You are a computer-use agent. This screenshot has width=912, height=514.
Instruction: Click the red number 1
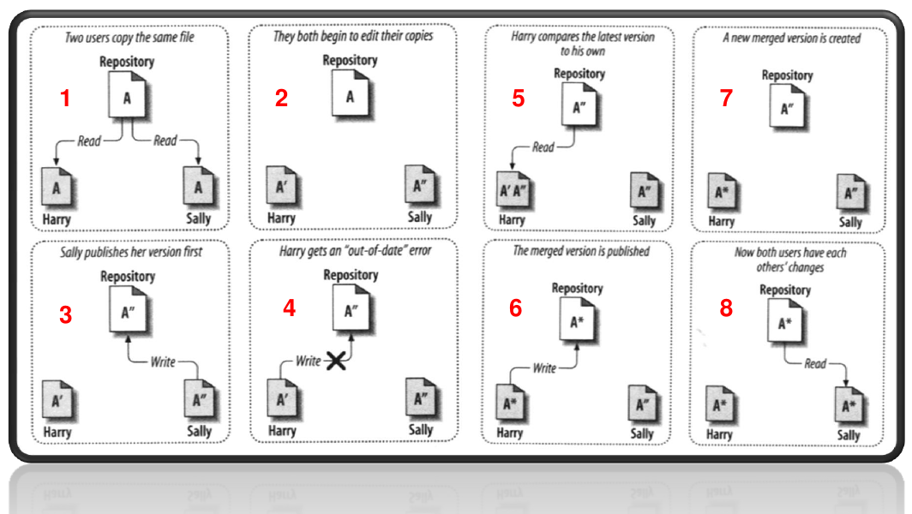(x=65, y=98)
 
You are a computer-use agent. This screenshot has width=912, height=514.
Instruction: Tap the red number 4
(x=289, y=308)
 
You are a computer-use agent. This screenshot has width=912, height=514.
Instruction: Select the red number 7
(x=726, y=98)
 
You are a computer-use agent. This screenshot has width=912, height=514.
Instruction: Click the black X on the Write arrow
(x=336, y=361)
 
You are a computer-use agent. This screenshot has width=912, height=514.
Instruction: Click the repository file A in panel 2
(x=351, y=94)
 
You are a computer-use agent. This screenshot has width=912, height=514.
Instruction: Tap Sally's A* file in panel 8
(x=849, y=405)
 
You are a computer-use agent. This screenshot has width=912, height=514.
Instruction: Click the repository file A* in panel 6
(x=578, y=320)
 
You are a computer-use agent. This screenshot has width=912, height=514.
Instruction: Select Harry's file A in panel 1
(x=57, y=187)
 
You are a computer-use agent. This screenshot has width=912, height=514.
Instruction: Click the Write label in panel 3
(x=163, y=362)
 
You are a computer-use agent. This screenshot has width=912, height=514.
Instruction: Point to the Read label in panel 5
(x=543, y=147)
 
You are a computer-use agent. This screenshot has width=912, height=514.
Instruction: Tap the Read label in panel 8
(x=815, y=363)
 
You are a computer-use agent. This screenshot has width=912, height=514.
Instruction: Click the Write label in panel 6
(x=544, y=368)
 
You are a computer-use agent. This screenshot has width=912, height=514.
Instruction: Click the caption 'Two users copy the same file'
(x=129, y=38)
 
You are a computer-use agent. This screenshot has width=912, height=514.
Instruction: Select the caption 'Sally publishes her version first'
(x=131, y=252)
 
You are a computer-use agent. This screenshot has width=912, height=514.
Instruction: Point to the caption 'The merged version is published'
(x=581, y=251)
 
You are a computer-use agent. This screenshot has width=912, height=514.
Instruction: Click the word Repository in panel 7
(x=788, y=75)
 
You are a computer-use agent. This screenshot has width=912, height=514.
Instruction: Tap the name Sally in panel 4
(x=421, y=430)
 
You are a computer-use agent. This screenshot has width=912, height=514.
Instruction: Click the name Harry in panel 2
(x=281, y=218)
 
